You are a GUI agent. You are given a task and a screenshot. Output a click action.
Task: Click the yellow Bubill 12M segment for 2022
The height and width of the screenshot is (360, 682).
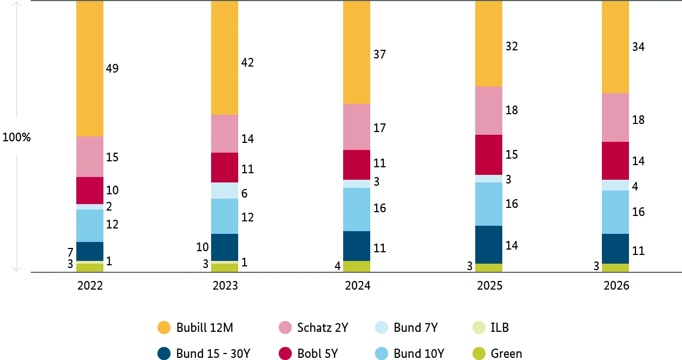(x=90, y=68)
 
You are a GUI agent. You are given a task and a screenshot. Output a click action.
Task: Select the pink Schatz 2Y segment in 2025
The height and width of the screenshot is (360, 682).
(x=489, y=110)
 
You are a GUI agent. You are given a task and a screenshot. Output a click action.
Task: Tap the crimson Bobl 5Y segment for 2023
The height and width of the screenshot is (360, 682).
(x=225, y=167)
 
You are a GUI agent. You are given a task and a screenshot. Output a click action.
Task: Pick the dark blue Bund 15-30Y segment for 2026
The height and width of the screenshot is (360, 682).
(x=615, y=248)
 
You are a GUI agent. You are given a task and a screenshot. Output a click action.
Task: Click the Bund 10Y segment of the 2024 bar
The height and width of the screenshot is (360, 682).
(x=357, y=209)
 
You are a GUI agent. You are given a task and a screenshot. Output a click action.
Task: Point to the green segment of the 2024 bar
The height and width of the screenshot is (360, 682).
(x=357, y=266)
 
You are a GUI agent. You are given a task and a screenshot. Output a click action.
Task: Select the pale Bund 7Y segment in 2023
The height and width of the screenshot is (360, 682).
(x=225, y=191)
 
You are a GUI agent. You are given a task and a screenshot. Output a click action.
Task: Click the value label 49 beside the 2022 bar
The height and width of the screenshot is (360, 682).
(x=112, y=69)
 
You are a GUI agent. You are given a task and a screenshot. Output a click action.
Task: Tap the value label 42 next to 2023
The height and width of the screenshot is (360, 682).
(x=247, y=62)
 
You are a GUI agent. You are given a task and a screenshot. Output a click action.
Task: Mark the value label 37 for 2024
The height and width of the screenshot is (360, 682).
(x=379, y=54)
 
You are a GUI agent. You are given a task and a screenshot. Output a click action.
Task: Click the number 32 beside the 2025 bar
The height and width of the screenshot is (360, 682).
(x=511, y=47)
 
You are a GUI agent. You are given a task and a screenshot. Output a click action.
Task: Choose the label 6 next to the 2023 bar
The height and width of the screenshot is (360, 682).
(x=244, y=194)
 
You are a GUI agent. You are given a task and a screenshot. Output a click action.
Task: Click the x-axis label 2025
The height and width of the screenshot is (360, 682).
(x=489, y=286)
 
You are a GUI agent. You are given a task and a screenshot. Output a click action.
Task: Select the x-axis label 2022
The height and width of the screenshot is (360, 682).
(x=90, y=286)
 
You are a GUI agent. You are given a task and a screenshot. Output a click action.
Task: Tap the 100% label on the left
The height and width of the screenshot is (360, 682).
(x=16, y=138)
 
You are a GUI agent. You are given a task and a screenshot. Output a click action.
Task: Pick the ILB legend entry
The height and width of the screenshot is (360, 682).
(x=500, y=328)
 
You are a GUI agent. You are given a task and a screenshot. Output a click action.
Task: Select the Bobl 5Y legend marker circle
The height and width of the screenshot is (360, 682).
(x=285, y=354)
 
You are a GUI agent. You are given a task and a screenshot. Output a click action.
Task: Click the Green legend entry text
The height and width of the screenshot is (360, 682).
(x=506, y=354)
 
